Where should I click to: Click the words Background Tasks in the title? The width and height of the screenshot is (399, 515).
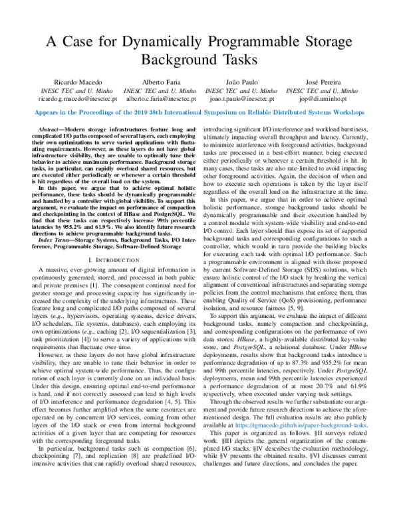pyautogui.click(x=199, y=59)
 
